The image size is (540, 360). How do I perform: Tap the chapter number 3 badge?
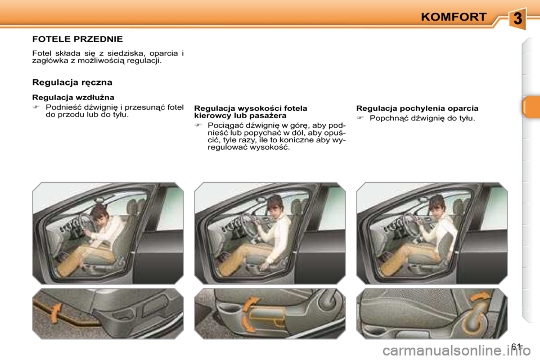[517, 19]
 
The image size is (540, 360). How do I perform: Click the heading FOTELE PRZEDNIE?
[77, 39]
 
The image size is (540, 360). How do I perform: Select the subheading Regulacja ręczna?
[72, 82]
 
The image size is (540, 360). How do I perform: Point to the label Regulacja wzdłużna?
[73, 97]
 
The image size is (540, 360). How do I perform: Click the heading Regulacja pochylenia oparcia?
[417, 108]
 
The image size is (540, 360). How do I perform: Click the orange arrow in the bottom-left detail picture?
[55, 313]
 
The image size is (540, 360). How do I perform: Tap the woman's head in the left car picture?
[100, 212]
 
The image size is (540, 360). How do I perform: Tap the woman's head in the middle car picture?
[274, 204]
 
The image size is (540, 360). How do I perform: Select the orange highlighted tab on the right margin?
[530, 107]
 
